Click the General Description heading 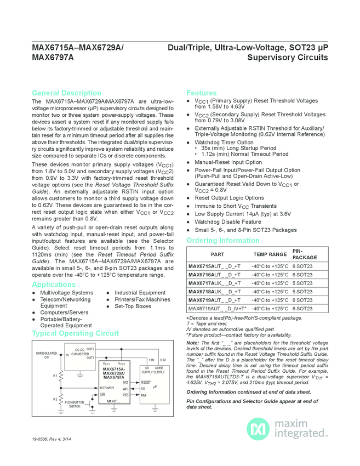pos(66,93)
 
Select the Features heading pos(201,93)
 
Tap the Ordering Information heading pos(222,241)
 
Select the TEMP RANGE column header pos(270,254)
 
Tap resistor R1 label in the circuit pos(55,376)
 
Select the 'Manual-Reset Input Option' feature pos(228,163)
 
